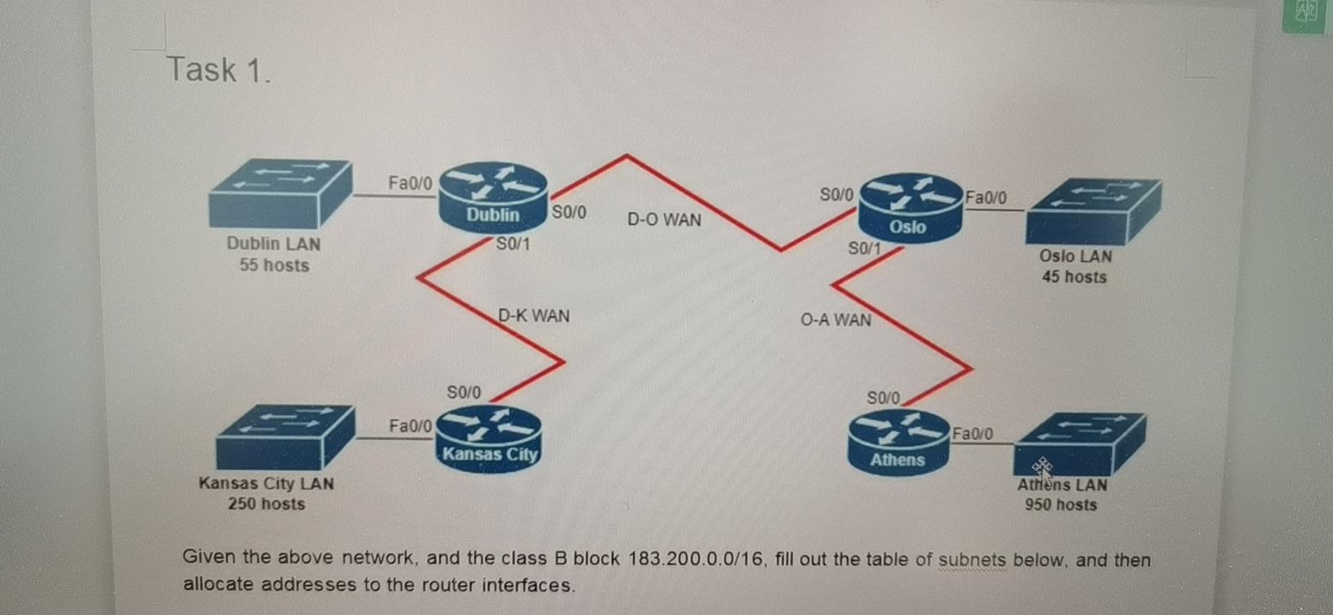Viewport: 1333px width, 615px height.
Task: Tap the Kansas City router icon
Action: click(490, 436)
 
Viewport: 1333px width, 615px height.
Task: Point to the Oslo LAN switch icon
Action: click(1094, 211)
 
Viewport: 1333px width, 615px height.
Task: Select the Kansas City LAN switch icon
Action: click(284, 436)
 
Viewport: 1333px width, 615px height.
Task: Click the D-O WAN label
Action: click(664, 220)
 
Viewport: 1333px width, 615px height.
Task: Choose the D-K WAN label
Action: click(533, 315)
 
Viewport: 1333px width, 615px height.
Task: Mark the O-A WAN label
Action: click(835, 320)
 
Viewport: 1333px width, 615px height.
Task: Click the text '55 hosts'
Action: click(274, 265)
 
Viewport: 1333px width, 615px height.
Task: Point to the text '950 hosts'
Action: click(1061, 505)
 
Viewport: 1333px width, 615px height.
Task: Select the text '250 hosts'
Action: click(266, 504)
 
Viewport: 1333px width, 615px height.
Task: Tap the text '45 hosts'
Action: click(1074, 277)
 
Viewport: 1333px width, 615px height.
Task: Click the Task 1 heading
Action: click(219, 70)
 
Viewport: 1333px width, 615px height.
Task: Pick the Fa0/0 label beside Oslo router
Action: click(987, 198)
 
